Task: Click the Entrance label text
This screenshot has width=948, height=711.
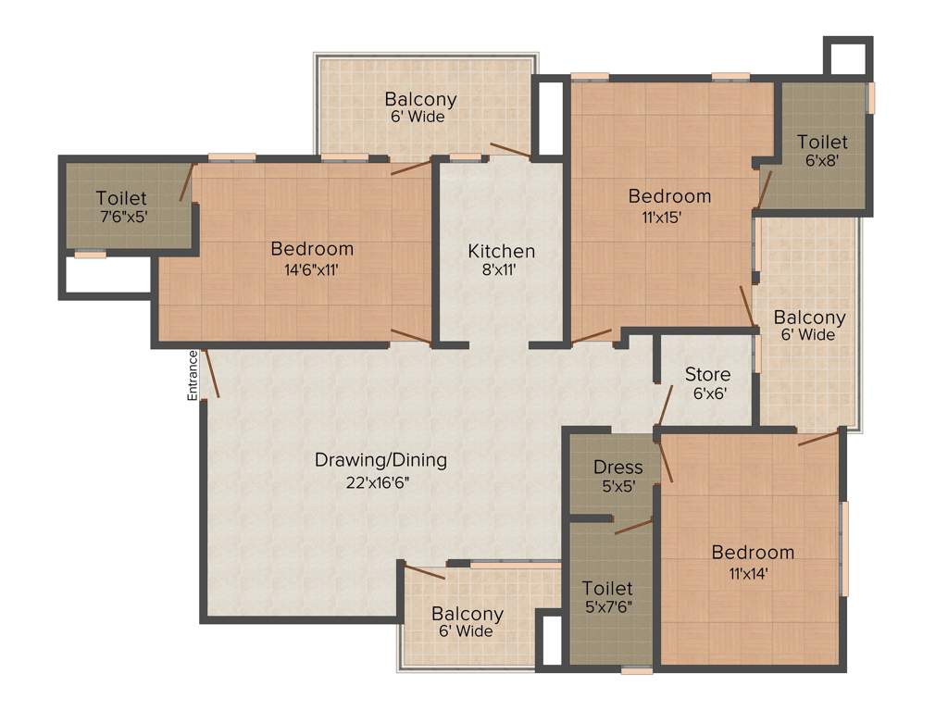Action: click(x=193, y=375)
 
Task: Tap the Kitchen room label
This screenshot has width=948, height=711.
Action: click(x=501, y=251)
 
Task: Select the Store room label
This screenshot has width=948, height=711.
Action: click(x=707, y=374)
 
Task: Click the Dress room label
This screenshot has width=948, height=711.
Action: click(x=617, y=467)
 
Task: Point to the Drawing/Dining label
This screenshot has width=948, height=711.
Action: click(x=380, y=459)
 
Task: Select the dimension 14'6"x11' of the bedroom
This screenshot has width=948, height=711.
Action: click(x=312, y=270)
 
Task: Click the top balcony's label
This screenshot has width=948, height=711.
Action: click(x=420, y=99)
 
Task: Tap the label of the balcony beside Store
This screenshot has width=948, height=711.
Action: click(x=809, y=318)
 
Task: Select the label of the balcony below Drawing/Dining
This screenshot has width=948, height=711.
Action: click(x=467, y=614)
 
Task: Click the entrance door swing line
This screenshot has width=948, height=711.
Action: click(x=210, y=373)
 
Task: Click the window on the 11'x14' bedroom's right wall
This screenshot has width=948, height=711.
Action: click(x=843, y=548)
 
